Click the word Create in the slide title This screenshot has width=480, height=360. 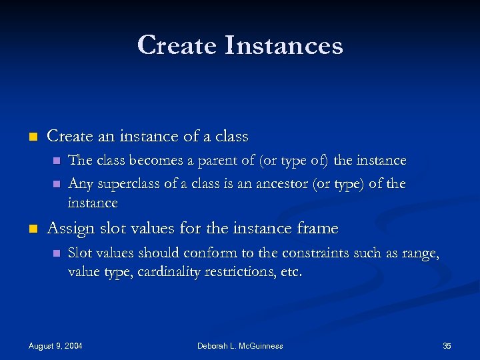[177, 45]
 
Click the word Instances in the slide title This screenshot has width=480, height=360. [284, 45]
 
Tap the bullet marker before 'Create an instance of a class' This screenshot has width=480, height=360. [32, 137]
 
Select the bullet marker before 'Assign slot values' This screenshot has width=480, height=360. [32, 229]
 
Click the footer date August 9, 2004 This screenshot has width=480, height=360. [56, 346]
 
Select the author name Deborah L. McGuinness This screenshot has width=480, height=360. [240, 346]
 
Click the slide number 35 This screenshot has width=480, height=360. [447, 346]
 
